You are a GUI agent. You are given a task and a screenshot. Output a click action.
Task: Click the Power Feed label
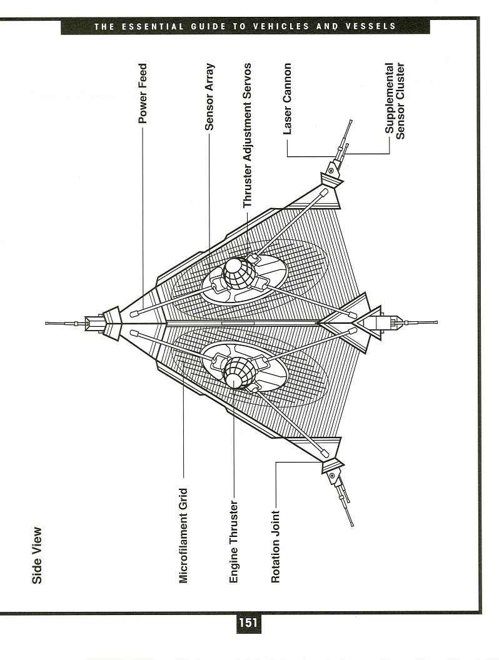(x=143, y=94)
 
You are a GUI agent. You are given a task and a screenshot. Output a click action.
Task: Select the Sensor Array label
(x=209, y=96)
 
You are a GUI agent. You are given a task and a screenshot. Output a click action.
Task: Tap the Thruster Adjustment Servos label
(x=247, y=135)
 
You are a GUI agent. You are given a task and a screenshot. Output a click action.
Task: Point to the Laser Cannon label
(x=287, y=99)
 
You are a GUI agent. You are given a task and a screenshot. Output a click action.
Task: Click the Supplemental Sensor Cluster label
(x=395, y=101)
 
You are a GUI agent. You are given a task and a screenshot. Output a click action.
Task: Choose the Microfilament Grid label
(x=183, y=536)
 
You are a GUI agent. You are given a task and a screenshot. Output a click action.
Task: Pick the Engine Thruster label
(x=234, y=542)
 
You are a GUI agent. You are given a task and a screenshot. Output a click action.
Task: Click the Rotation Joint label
(x=275, y=546)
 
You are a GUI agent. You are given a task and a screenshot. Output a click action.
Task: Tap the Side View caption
(x=37, y=556)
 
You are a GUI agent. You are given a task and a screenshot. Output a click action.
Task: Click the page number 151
(x=248, y=622)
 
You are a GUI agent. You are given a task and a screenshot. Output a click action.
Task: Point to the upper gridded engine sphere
(x=239, y=274)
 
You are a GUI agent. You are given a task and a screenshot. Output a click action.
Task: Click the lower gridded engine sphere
(x=240, y=372)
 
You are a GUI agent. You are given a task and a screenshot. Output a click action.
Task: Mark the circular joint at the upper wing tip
(x=331, y=171)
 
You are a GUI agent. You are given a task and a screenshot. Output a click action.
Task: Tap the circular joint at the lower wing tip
(x=332, y=475)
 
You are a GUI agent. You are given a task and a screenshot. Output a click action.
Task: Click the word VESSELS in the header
(x=371, y=26)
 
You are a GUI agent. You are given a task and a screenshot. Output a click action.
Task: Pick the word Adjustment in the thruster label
(x=247, y=142)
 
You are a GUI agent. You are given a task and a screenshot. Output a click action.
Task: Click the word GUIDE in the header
(x=208, y=26)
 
